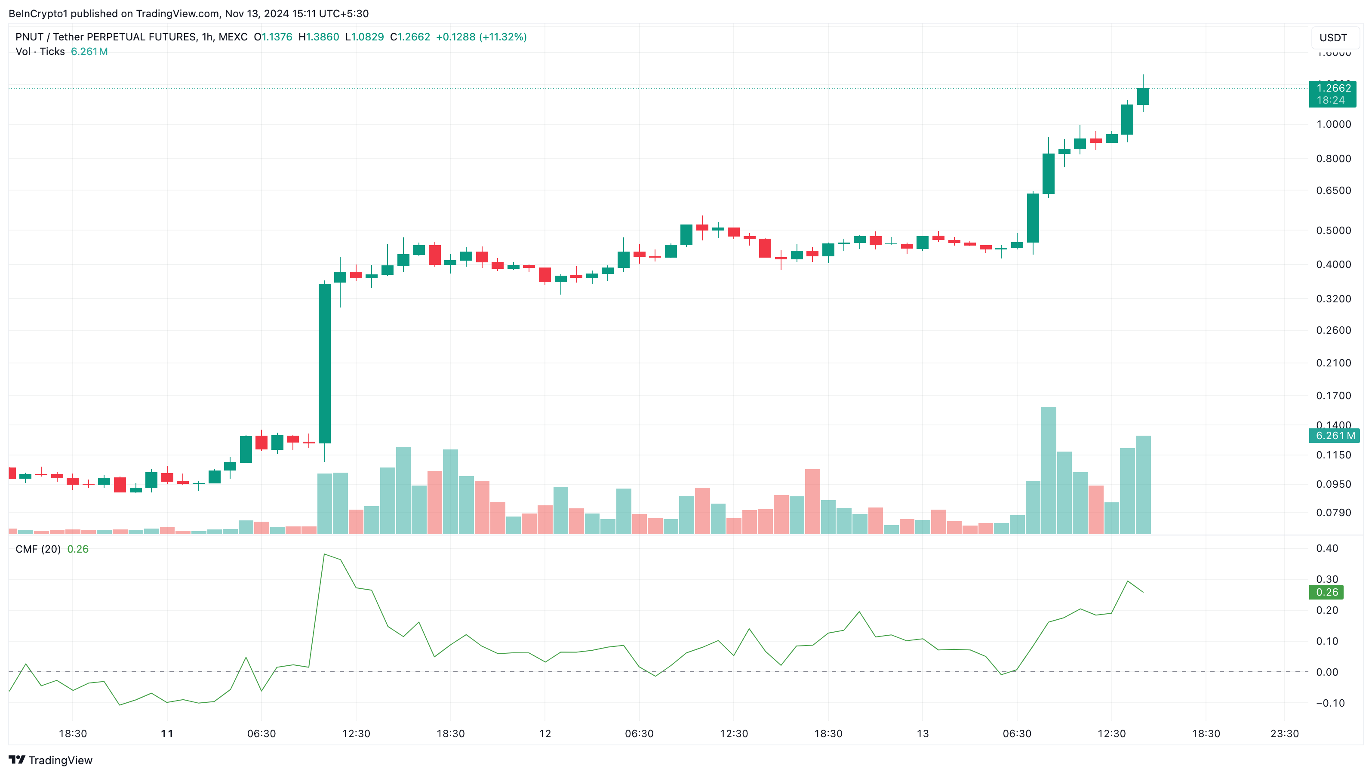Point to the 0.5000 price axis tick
[x=1333, y=231]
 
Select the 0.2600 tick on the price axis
[x=1333, y=330]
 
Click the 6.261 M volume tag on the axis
[x=1334, y=436]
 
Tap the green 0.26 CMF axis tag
[x=1326, y=592]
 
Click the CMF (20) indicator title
[x=38, y=549]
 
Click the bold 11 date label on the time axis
[x=167, y=733]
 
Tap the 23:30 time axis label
[x=1284, y=733]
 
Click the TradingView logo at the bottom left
[x=51, y=760]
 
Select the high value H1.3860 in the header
[x=319, y=37]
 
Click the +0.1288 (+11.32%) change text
[x=481, y=37]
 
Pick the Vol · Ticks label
[x=40, y=52]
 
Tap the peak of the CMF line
[x=324, y=554]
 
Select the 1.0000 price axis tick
[x=1333, y=124]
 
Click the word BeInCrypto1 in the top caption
[x=38, y=13]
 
